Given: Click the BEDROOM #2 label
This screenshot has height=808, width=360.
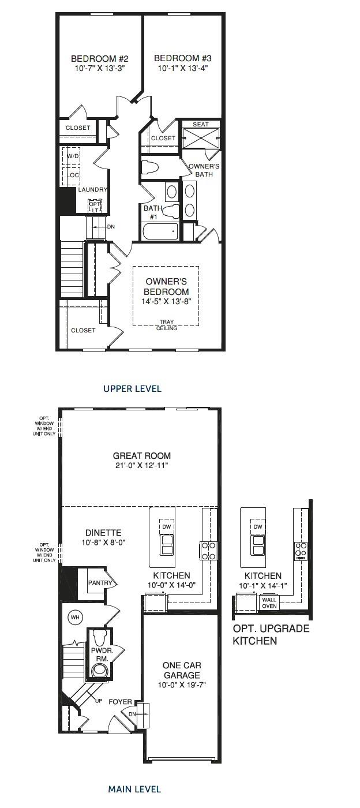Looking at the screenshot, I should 99,58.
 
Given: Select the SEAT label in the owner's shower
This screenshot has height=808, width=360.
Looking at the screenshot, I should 201,124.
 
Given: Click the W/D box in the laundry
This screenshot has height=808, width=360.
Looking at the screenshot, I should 73,157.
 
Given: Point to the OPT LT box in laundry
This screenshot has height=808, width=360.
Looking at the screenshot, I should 95,206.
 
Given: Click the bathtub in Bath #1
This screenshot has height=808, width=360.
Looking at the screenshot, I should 160,231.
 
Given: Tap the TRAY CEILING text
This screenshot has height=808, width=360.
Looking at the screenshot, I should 167,326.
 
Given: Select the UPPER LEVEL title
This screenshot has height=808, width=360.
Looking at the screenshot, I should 132,388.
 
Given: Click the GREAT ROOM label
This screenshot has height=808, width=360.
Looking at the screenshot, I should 141,455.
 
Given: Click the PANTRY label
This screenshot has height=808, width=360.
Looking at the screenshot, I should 99,583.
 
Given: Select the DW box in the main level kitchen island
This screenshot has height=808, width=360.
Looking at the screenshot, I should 167,527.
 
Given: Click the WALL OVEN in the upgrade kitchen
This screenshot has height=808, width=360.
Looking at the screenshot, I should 269,603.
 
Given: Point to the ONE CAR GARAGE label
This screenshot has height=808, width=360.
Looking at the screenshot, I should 181,670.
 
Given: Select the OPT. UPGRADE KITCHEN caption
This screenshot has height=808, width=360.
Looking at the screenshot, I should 271,634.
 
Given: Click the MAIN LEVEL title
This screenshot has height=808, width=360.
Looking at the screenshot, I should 134,788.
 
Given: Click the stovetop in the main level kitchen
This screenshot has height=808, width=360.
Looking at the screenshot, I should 208,551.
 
